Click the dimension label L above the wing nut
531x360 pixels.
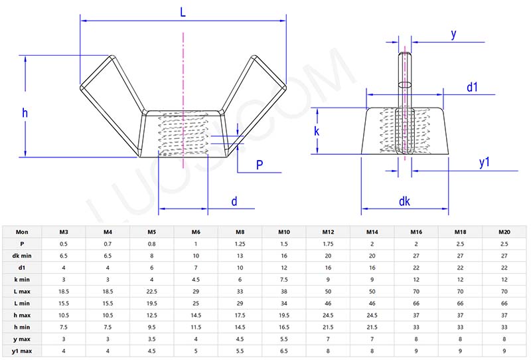point(183,13)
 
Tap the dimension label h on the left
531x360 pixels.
point(25,113)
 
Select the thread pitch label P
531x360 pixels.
point(260,165)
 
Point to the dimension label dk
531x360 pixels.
point(404,201)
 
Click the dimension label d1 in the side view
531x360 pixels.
point(472,87)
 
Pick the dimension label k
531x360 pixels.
point(317,131)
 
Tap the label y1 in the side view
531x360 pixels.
point(485,162)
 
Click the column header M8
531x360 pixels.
point(240,232)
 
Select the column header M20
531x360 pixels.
point(504,232)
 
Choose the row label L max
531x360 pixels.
point(22,292)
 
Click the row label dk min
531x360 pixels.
point(22,256)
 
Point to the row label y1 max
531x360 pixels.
point(22,351)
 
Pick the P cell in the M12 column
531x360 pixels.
point(328,244)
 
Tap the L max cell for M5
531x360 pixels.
point(152,292)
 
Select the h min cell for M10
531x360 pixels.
point(284,327)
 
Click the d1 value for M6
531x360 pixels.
point(196,268)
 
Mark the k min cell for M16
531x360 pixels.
point(416,280)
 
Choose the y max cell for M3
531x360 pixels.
point(64,339)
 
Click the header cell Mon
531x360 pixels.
point(22,232)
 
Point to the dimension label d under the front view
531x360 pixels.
point(234,201)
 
